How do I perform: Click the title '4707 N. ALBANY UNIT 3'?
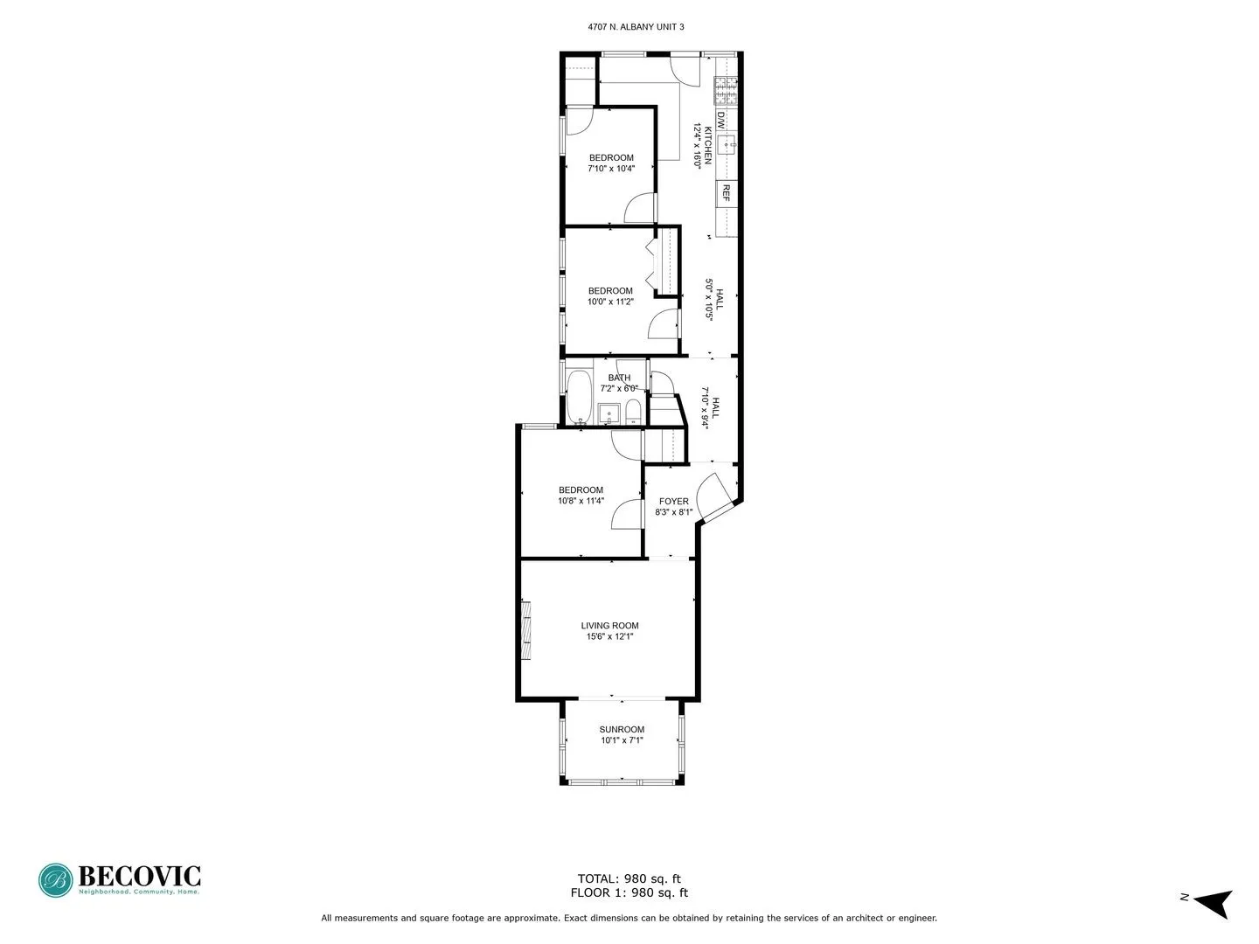tap(636, 27)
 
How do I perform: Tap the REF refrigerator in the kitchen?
tap(726, 193)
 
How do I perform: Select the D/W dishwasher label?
tap(721, 121)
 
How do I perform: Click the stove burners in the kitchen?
tap(727, 86)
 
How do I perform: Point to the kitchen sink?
tap(727, 145)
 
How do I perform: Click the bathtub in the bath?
tap(578, 395)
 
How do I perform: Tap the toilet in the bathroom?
tap(634, 413)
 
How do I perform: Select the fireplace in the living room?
tap(526, 630)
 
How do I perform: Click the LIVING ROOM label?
tap(609, 626)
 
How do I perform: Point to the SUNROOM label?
tap(622, 730)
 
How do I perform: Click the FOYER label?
tap(673, 502)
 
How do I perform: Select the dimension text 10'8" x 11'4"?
tap(581, 502)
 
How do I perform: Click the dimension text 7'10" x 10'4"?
tap(610, 169)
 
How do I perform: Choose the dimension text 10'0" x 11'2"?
tap(610, 302)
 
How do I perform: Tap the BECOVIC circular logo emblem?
tap(56, 880)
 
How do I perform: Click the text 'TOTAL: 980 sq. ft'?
tap(629, 878)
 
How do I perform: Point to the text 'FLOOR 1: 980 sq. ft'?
tap(629, 892)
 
